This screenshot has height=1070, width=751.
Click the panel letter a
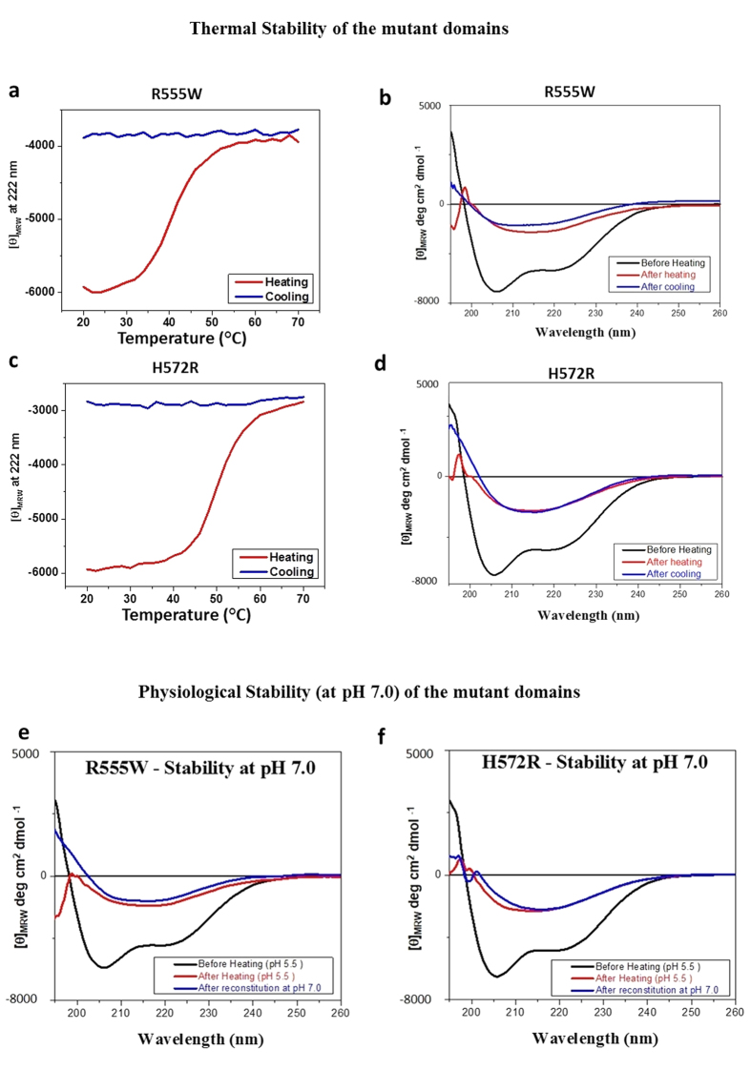pos(13,91)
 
